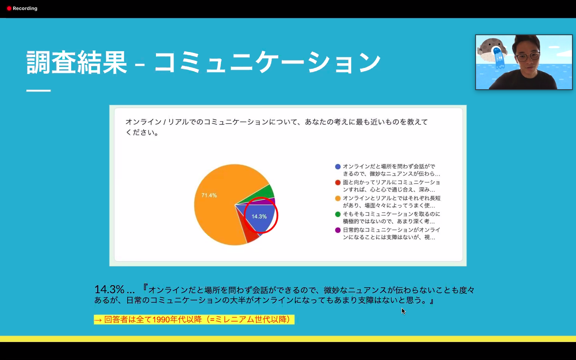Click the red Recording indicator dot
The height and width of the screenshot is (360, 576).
pos(9,8)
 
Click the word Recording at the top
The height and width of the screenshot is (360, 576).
pos(25,8)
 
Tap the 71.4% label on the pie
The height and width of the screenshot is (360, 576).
pos(209,196)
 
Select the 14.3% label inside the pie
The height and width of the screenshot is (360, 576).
pos(259,216)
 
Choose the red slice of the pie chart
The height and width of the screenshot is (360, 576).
pos(250,232)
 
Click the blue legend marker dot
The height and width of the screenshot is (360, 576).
pos(338,167)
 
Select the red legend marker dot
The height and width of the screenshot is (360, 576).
pos(338,182)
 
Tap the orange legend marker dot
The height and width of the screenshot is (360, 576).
pos(338,198)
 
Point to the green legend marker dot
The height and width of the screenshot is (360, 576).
pos(338,214)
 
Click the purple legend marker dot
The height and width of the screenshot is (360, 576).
pos(338,230)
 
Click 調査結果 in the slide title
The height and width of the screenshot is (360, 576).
pos(77,62)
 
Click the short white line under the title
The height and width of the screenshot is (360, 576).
pos(38,90)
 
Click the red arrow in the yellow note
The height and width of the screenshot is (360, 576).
pos(98,320)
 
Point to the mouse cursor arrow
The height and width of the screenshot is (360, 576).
pos(403,311)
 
